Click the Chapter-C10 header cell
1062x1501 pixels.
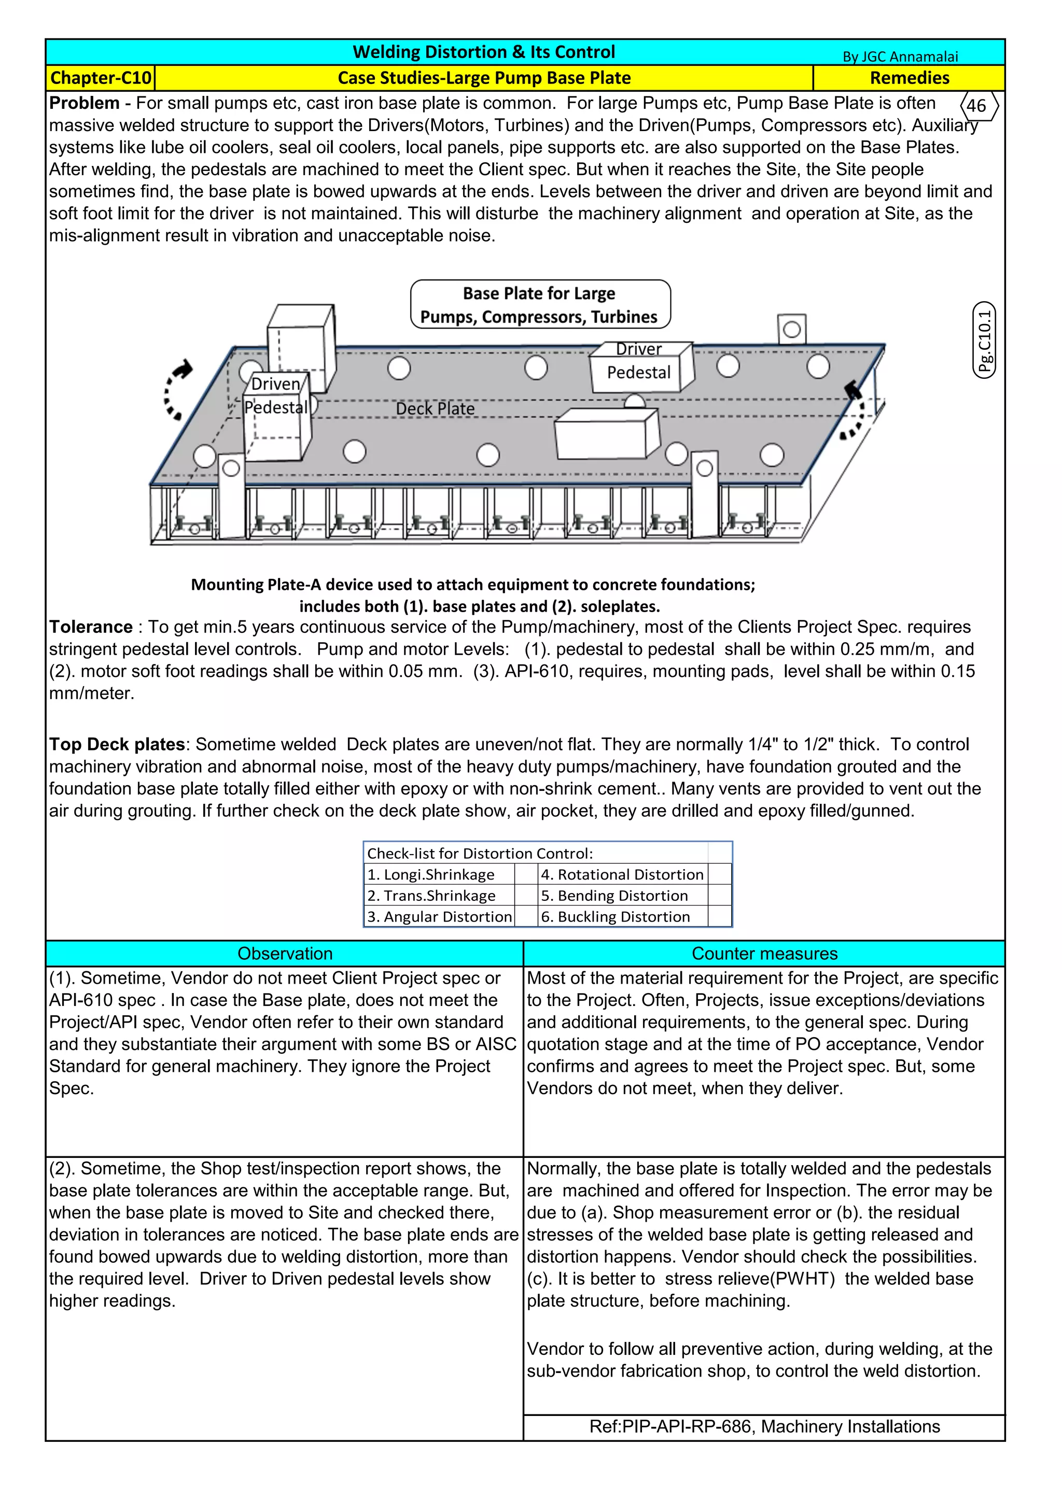pyautogui.click(x=101, y=78)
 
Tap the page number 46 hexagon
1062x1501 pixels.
pyautogui.click(x=976, y=106)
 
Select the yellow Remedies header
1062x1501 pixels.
pyautogui.click(x=909, y=78)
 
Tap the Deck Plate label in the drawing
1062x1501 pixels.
pyautogui.click(x=435, y=408)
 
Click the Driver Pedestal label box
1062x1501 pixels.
pyautogui.click(x=639, y=367)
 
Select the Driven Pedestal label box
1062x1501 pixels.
pyautogui.click(x=276, y=396)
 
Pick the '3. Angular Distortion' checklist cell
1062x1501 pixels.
pyautogui.click(x=439, y=916)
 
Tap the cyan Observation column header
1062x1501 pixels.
pyautogui.click(x=285, y=953)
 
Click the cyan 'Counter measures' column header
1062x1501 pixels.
pyautogui.click(x=764, y=953)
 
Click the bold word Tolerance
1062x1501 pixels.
pyautogui.click(x=91, y=627)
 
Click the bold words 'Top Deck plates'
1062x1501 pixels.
pyautogui.click(x=117, y=745)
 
